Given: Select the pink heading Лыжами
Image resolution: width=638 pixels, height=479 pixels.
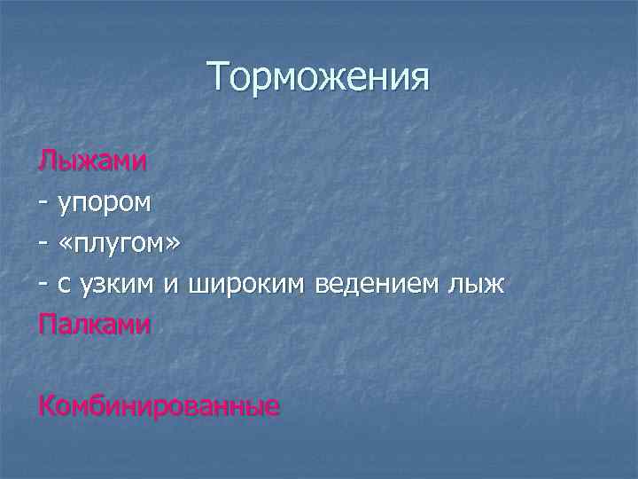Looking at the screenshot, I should click(92, 161).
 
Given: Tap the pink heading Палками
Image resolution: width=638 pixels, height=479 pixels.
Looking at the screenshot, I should click(95, 325).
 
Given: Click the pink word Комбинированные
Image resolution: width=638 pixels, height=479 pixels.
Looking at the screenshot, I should click(159, 406).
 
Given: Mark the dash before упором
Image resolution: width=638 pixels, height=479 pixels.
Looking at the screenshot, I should click(43, 202).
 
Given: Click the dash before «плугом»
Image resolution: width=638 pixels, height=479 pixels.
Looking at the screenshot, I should click(43, 243).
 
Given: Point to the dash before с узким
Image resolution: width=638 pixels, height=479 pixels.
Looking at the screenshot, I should click(43, 284).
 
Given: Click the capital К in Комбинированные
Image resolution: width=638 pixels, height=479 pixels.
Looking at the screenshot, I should click(47, 406).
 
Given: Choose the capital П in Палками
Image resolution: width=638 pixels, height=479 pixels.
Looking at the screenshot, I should click(46, 325).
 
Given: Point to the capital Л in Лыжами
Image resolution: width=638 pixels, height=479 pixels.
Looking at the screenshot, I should click(46, 161).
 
